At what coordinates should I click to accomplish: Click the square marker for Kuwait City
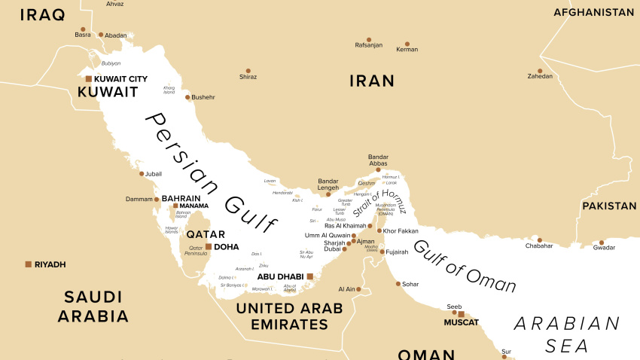click(88, 78)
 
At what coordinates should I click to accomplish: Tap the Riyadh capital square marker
click(29, 264)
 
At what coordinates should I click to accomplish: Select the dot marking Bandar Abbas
click(379, 170)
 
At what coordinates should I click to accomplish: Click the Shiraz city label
click(248, 77)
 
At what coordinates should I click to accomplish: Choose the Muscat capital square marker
click(462, 315)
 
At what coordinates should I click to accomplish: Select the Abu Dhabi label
click(279, 276)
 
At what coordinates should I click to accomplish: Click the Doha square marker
click(209, 246)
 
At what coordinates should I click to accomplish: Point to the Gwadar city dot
click(601, 243)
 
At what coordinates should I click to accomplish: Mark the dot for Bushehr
click(189, 97)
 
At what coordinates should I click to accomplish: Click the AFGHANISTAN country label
click(593, 13)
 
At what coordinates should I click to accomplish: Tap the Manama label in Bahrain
click(194, 206)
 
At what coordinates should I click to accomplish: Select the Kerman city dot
click(407, 44)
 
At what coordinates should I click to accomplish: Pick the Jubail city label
click(154, 174)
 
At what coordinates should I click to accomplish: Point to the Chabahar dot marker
click(539, 241)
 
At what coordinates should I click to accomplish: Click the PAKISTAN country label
click(608, 206)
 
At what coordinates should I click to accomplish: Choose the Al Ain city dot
click(359, 289)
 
